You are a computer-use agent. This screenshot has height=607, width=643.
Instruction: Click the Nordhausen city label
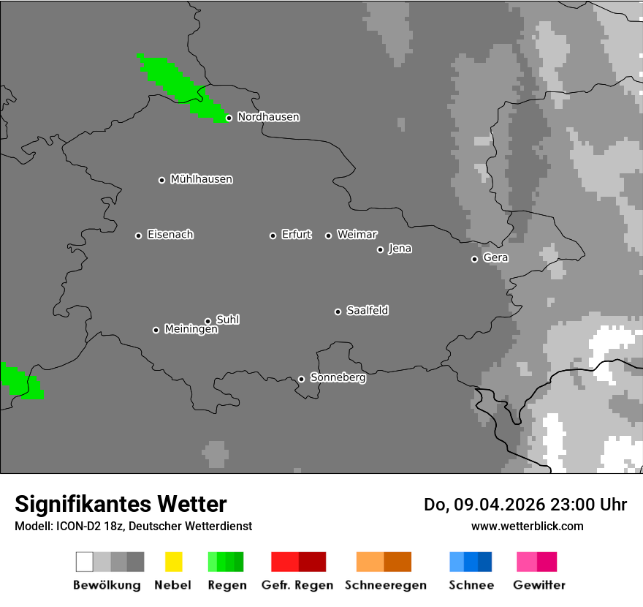268,117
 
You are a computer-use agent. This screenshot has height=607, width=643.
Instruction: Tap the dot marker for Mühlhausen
161,180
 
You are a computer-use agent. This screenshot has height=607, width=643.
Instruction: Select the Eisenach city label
170,235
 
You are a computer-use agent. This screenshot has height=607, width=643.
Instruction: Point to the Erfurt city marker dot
273,235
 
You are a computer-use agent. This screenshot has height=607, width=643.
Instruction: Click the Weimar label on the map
357,235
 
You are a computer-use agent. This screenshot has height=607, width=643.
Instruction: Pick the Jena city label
400,249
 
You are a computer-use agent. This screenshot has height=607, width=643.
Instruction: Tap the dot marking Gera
474,259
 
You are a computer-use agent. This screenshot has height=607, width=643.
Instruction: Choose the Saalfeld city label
367,311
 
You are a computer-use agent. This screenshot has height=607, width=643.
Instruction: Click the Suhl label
227,320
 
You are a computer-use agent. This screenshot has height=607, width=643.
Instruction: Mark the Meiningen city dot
156,330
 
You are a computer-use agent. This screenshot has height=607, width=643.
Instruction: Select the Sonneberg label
338,378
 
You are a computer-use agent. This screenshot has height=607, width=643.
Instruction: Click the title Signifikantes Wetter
121,504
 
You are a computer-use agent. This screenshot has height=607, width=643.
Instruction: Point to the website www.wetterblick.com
527,526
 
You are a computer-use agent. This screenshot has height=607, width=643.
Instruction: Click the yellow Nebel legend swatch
173,562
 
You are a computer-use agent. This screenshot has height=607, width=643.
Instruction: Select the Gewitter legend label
539,585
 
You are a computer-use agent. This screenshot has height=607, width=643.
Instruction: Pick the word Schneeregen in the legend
385,585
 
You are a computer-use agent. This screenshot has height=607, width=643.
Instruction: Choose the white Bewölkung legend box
85,562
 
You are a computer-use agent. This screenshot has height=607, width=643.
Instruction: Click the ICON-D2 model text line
133,526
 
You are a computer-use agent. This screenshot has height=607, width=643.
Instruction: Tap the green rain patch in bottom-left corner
20,381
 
